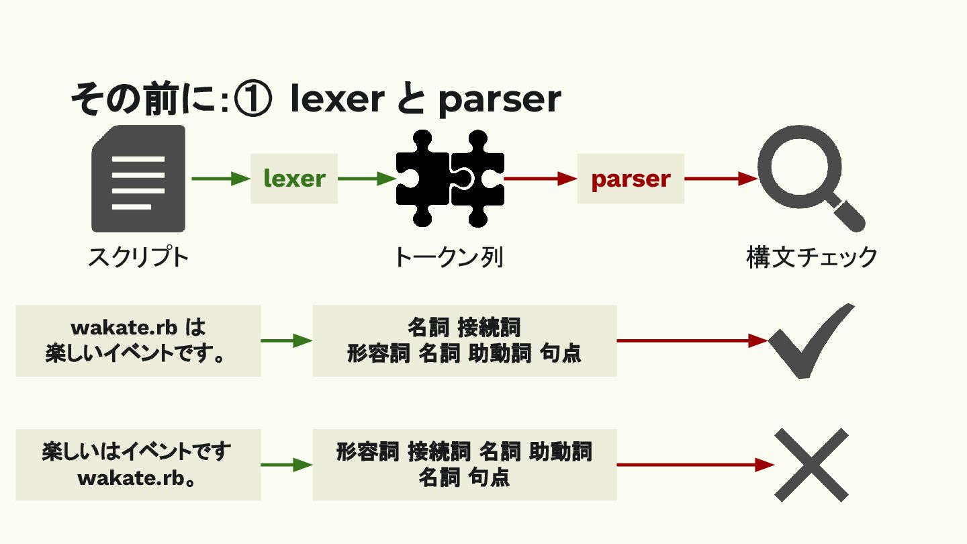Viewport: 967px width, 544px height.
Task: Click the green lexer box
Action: click(294, 179)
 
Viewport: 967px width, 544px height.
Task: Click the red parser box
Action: click(631, 179)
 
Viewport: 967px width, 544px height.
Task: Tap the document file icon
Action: click(138, 179)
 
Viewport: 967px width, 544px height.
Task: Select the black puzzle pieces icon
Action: click(450, 179)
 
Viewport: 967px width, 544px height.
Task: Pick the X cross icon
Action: click(811, 464)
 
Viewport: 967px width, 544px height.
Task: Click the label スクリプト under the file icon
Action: click(138, 257)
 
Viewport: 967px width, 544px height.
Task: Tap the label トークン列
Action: click(449, 257)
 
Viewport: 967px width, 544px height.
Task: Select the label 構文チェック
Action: click(812, 257)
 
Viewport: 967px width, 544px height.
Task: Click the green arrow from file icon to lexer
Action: click(220, 179)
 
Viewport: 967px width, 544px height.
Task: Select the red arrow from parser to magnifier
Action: click(721, 179)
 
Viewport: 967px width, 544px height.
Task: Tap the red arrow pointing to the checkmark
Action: click(692, 341)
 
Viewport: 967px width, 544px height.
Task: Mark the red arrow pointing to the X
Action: click(695, 464)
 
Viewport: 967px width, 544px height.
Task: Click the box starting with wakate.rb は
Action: click(138, 341)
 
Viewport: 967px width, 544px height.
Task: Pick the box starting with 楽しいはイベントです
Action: click(138, 465)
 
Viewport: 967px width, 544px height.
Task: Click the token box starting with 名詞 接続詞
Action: click(465, 341)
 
